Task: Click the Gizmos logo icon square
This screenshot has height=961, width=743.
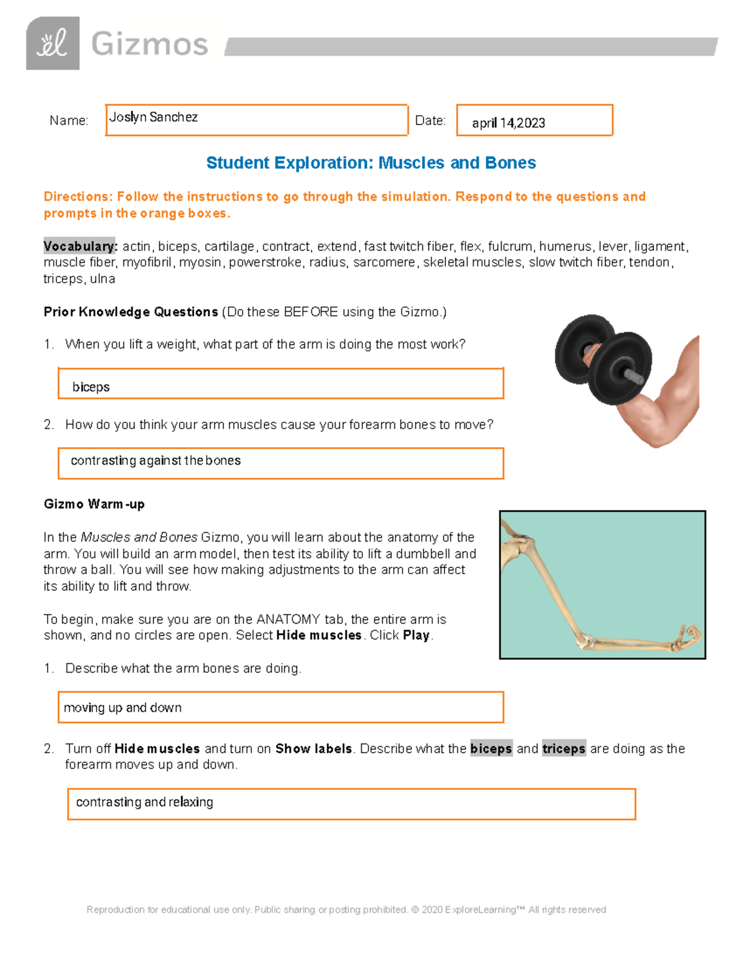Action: click(x=53, y=43)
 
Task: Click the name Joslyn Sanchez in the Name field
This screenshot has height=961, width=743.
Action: click(x=154, y=117)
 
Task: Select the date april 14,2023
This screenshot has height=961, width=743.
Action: click(x=508, y=123)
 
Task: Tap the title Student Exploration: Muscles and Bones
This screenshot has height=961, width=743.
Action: click(x=371, y=163)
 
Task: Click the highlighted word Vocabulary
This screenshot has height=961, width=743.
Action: click(x=80, y=246)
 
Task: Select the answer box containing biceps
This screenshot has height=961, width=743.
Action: click(x=280, y=384)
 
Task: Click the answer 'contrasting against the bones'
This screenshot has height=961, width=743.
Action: click(x=156, y=460)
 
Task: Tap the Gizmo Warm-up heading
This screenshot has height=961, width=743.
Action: click(x=94, y=504)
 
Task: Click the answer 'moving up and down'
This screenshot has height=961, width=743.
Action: click(x=123, y=707)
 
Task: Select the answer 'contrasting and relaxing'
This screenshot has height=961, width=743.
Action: click(x=144, y=802)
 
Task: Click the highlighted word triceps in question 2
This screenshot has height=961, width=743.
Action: click(x=563, y=749)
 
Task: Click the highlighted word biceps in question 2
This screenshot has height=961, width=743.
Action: click(x=491, y=749)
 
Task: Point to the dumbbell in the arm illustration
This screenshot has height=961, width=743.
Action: click(x=603, y=359)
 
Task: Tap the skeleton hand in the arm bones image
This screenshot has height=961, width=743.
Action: click(x=687, y=637)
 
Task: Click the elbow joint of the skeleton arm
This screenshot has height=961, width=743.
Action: click(x=585, y=641)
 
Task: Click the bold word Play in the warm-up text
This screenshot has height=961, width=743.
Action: click(x=416, y=636)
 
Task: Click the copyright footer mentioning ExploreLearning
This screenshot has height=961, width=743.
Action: click(x=346, y=910)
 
